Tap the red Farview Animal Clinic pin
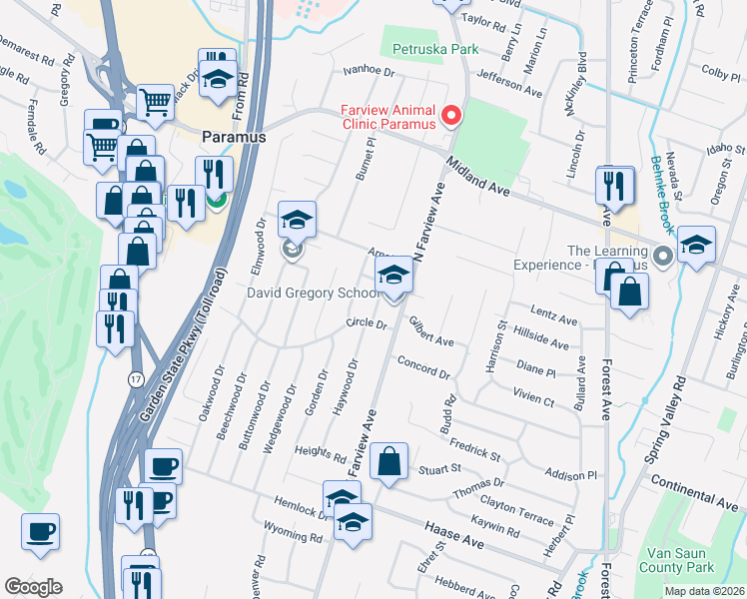450,117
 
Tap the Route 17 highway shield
136,379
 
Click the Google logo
33,586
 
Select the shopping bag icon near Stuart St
388,462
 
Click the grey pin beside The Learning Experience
662,258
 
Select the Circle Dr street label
366,323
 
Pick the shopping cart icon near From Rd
155,102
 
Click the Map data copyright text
704,591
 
